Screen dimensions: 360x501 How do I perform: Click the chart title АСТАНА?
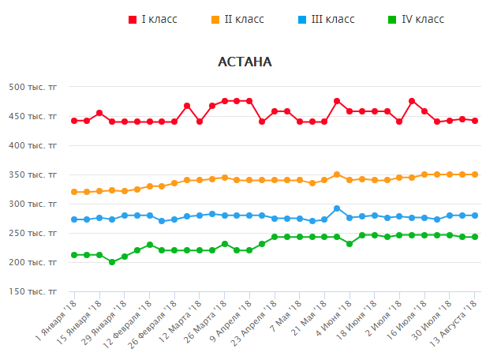(245, 62)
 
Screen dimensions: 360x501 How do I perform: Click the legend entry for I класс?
(159, 19)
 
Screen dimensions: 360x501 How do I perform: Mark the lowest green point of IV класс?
(112, 261)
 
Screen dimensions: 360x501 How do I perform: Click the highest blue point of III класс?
(337, 208)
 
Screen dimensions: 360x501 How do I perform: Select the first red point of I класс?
(74, 121)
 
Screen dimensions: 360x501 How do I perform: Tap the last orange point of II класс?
(475, 174)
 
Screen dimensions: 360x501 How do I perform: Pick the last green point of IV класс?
(475, 237)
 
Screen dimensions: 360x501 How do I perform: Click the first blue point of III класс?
(74, 219)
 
